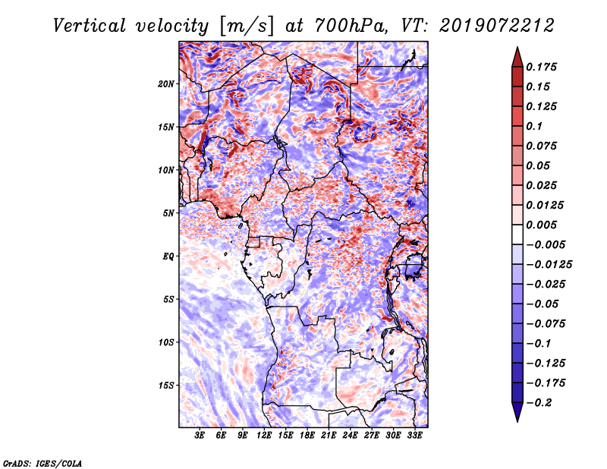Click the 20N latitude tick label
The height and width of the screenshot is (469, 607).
point(166,83)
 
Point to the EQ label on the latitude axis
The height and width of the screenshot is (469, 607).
point(168,257)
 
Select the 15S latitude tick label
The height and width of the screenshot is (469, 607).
point(166,386)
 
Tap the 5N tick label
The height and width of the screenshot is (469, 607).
point(168,213)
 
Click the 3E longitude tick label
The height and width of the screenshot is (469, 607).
point(200,436)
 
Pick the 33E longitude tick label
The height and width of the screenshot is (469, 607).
point(414,436)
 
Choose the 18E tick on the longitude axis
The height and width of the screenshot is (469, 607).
point(307,436)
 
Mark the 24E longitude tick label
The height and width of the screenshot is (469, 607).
point(350,436)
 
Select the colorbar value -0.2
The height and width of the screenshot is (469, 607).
point(539,402)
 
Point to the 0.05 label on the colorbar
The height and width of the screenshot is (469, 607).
point(539,165)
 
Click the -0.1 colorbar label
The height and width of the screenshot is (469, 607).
point(539,343)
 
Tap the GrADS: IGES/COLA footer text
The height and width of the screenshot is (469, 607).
point(42,462)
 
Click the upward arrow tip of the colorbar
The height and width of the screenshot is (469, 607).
point(516,49)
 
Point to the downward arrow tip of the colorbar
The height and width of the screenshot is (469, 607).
point(516,419)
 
